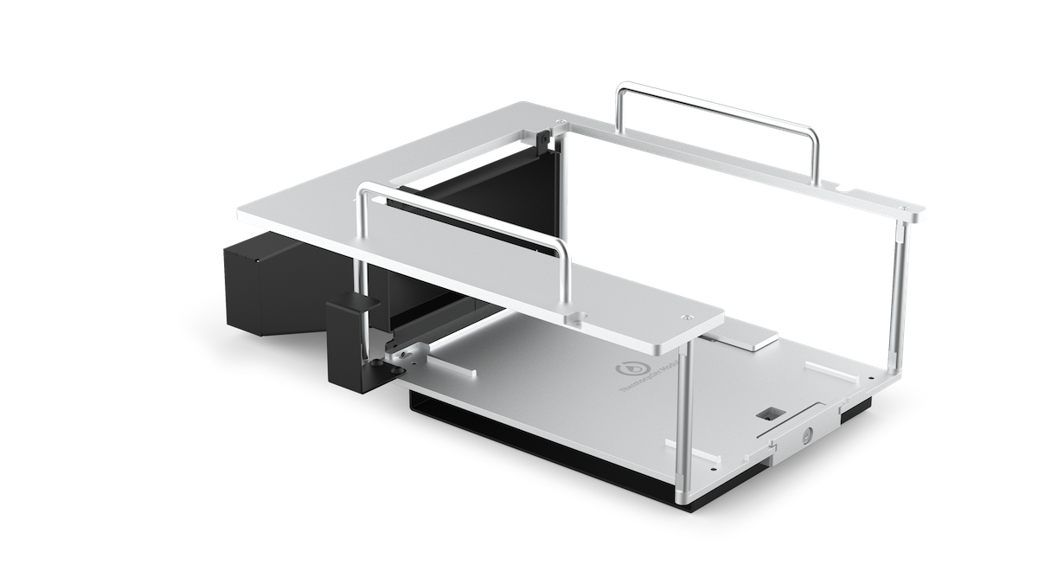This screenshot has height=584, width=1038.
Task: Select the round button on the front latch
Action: coord(807,435)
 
